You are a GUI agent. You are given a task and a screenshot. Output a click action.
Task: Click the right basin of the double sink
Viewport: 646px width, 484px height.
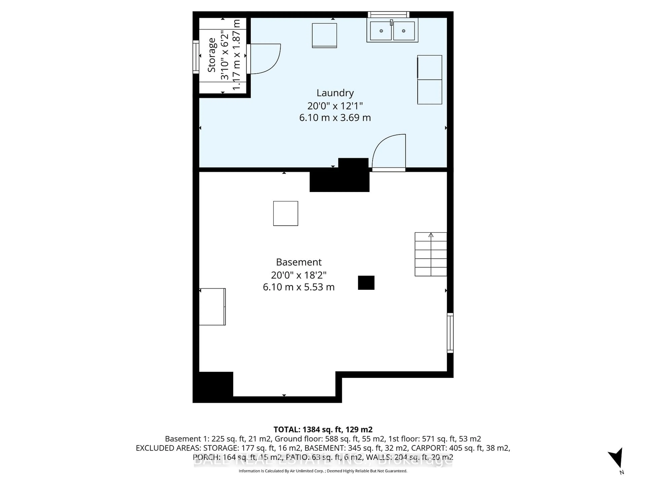[404, 31]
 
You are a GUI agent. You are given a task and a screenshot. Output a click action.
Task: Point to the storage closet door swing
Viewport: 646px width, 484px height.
[264, 58]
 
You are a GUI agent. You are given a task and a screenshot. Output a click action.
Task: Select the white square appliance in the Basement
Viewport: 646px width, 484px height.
[285, 213]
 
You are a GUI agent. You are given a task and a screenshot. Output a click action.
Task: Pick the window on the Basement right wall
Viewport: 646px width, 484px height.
[450, 333]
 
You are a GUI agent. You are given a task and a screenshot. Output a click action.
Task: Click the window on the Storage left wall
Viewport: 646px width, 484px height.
[196, 57]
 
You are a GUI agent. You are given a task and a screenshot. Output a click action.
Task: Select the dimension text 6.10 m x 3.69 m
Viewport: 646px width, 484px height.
[335, 118]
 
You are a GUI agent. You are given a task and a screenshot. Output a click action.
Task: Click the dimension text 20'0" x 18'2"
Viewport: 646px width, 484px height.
[298, 275]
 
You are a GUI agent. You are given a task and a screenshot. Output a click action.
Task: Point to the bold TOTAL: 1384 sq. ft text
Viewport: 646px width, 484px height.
[323, 429]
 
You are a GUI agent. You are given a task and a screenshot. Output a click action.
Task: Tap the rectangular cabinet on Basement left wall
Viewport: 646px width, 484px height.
[212, 307]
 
